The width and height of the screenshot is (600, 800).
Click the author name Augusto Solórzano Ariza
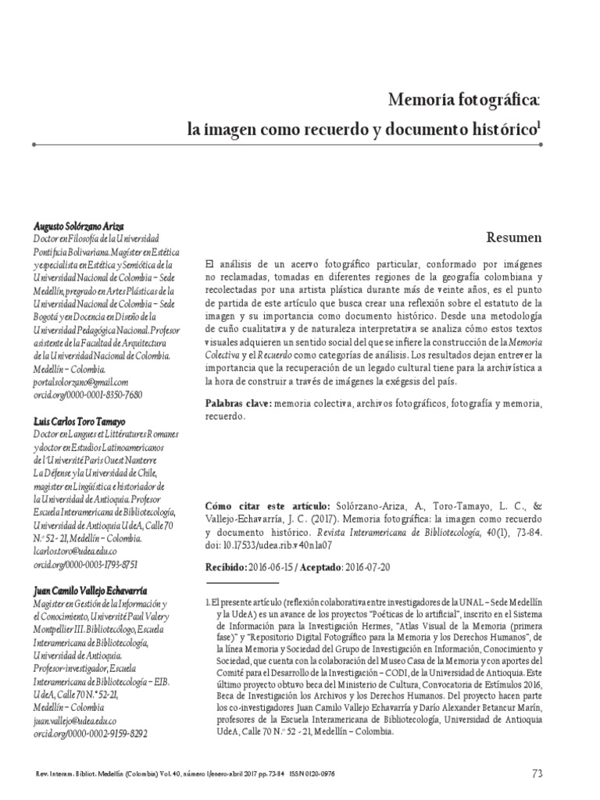pyautogui.click(x=80, y=225)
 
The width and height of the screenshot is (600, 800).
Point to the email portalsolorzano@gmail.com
pyautogui.click(x=80, y=381)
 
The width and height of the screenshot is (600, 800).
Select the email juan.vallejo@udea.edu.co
pyautogui.click(x=75, y=723)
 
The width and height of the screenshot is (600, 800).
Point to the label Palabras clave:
pyautogui.click(x=237, y=403)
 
